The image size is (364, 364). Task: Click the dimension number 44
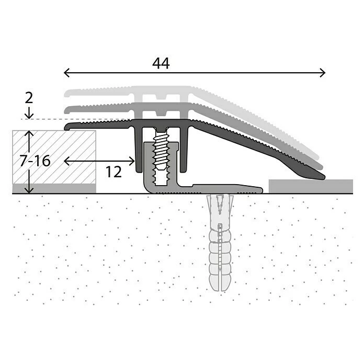pyautogui.click(x=161, y=63)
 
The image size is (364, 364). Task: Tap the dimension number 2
pyautogui.click(x=29, y=97)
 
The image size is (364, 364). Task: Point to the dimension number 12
pyautogui.click(x=113, y=171)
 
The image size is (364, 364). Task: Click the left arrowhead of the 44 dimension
pyautogui.click(x=65, y=73)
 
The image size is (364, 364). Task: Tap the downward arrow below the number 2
pyautogui.click(x=29, y=115)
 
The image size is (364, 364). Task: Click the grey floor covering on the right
pyautogui.click(x=311, y=186)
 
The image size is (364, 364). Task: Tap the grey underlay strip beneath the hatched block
pyautogui.click(x=54, y=188)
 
